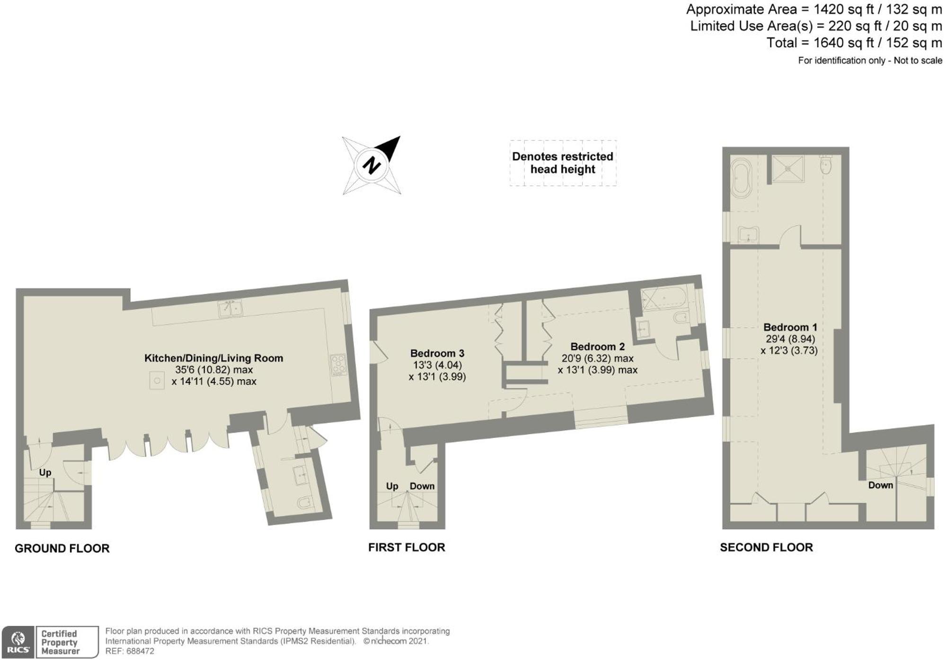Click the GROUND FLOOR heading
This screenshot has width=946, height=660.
click(x=62, y=548)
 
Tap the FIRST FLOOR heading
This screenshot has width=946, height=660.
click(x=407, y=547)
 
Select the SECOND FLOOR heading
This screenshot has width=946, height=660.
click(x=766, y=547)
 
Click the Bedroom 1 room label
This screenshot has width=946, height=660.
click(x=790, y=327)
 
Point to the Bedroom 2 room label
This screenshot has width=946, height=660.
click(x=597, y=347)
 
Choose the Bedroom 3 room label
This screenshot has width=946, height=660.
click(x=437, y=353)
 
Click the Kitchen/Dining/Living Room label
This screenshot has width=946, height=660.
click(x=213, y=358)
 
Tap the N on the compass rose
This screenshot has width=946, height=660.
click(x=372, y=165)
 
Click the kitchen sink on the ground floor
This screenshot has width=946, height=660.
click(x=230, y=309)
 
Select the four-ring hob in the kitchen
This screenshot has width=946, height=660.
click(x=338, y=365)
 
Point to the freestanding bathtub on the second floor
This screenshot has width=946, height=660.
click(x=741, y=178)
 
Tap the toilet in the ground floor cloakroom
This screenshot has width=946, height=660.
click(x=305, y=502)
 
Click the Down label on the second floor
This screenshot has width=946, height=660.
click(x=880, y=485)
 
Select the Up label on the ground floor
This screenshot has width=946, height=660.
click(x=45, y=473)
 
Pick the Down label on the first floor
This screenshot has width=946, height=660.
click(x=422, y=486)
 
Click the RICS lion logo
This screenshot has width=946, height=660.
click(x=18, y=642)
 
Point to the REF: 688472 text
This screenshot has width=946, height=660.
click(x=130, y=651)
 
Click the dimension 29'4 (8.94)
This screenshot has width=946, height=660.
click(x=790, y=339)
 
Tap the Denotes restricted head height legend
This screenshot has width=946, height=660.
click(x=563, y=163)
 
